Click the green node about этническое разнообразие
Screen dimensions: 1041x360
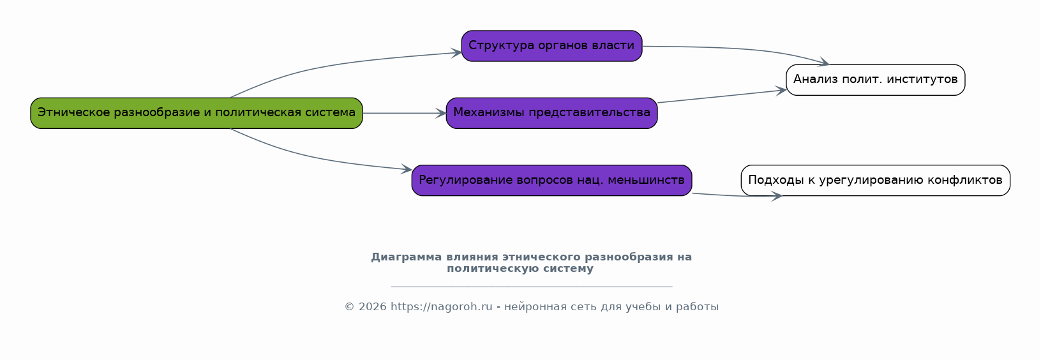point(197,113)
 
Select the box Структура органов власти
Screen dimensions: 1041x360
point(551,46)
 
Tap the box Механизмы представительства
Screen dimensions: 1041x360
point(551,113)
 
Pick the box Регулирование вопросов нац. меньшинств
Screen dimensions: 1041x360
point(551,180)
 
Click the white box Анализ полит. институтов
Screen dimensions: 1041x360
point(876,80)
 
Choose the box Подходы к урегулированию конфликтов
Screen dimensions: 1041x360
point(876,180)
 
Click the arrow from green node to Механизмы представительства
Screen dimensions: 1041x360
point(404,113)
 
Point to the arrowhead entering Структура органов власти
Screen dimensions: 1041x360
point(456,52)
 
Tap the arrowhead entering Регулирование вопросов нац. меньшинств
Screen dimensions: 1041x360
point(407,169)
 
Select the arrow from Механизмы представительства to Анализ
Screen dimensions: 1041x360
point(722,96)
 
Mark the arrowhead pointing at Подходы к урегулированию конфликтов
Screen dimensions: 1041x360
point(777,196)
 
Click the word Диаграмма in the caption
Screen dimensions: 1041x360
point(406,257)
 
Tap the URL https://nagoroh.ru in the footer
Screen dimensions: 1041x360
point(441,306)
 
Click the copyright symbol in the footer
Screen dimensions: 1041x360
point(350,306)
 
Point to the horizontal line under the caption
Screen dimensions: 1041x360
point(532,287)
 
